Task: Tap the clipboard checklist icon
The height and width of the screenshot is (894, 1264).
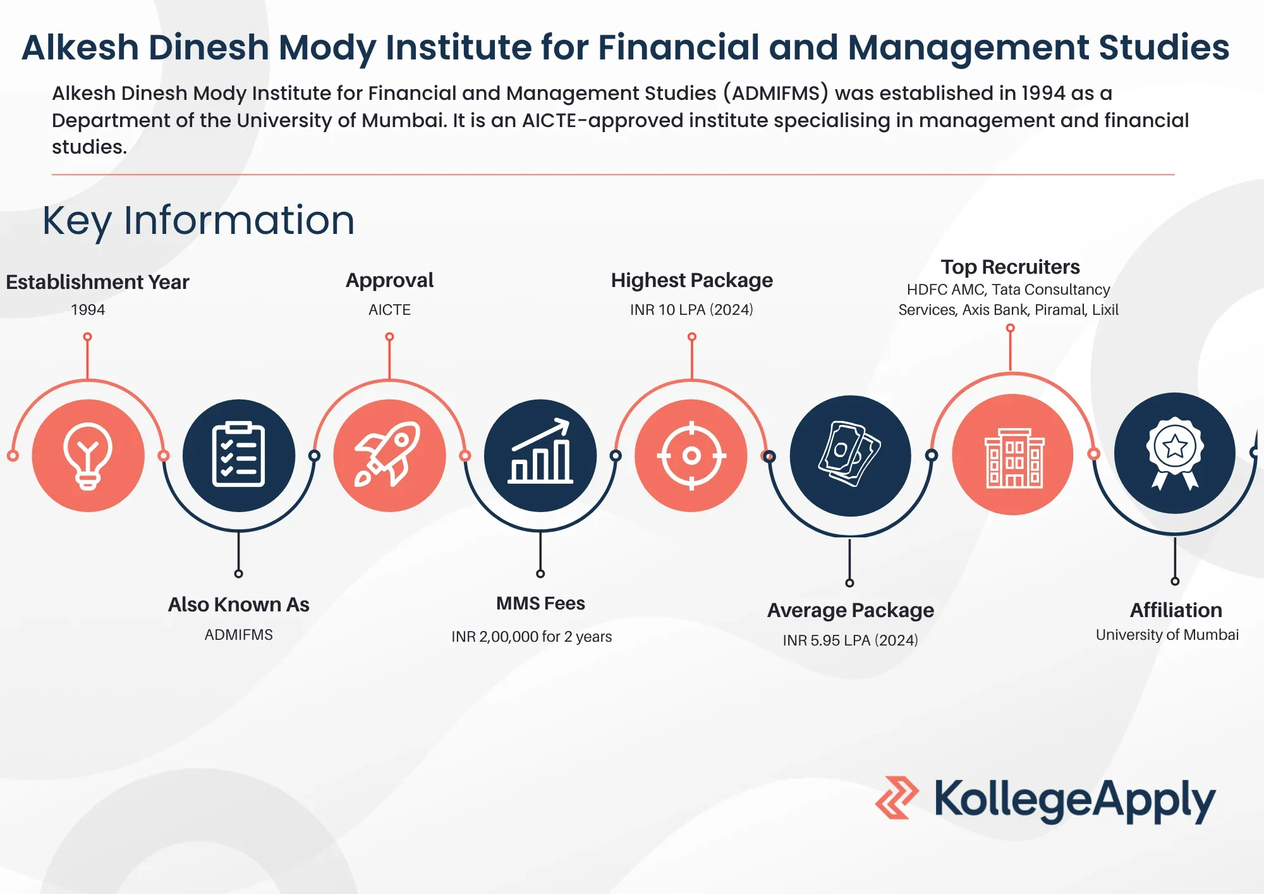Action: click(x=238, y=455)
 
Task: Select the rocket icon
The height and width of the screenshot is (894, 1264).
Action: click(x=389, y=455)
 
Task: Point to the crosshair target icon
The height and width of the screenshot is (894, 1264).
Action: click(x=691, y=455)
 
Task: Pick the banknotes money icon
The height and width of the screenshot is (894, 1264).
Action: click(x=849, y=454)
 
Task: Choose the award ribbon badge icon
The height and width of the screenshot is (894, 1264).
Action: click(x=1175, y=453)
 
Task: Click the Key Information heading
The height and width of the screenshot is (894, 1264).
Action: click(x=198, y=221)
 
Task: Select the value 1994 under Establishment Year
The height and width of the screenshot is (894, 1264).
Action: click(x=88, y=310)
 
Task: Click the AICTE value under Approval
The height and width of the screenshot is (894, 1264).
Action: click(x=389, y=310)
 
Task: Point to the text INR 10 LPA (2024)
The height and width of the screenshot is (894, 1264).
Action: click(x=691, y=310)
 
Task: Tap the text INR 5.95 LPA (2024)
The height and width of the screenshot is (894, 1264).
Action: click(x=850, y=640)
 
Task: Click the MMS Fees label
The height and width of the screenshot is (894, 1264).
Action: click(x=540, y=603)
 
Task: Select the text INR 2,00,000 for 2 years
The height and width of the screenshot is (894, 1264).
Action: click(x=532, y=637)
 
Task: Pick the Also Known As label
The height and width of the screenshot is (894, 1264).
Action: click(x=238, y=604)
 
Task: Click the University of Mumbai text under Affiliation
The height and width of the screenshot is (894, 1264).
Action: click(x=1167, y=635)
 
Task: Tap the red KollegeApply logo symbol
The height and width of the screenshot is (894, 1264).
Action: click(x=897, y=798)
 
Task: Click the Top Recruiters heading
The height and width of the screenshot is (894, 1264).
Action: click(x=1010, y=267)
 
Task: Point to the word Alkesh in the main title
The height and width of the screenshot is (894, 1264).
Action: click(x=80, y=47)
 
